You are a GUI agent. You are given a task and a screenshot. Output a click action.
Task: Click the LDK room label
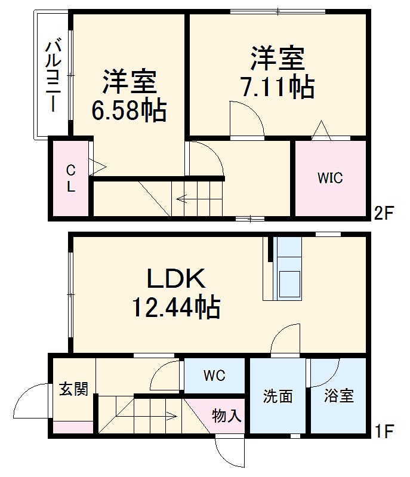[177, 279]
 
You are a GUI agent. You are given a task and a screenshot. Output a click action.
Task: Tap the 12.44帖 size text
[177, 308]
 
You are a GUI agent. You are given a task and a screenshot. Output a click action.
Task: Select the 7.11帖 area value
[277, 88]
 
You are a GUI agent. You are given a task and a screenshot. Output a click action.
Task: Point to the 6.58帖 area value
[128, 110]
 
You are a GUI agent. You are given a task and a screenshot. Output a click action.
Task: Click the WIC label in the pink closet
[330, 178]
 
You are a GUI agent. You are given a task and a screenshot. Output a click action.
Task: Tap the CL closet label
[70, 178]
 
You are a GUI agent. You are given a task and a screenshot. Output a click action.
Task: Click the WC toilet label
[214, 376]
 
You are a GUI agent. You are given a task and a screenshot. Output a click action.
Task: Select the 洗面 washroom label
[278, 396]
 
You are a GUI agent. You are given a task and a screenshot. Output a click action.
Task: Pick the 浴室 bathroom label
[338, 396]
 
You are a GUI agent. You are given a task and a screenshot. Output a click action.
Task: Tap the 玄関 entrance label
[73, 389]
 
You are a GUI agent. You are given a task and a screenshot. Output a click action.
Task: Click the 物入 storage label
[227, 416]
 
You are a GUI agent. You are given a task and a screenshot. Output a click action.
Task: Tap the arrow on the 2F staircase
[185, 200]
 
